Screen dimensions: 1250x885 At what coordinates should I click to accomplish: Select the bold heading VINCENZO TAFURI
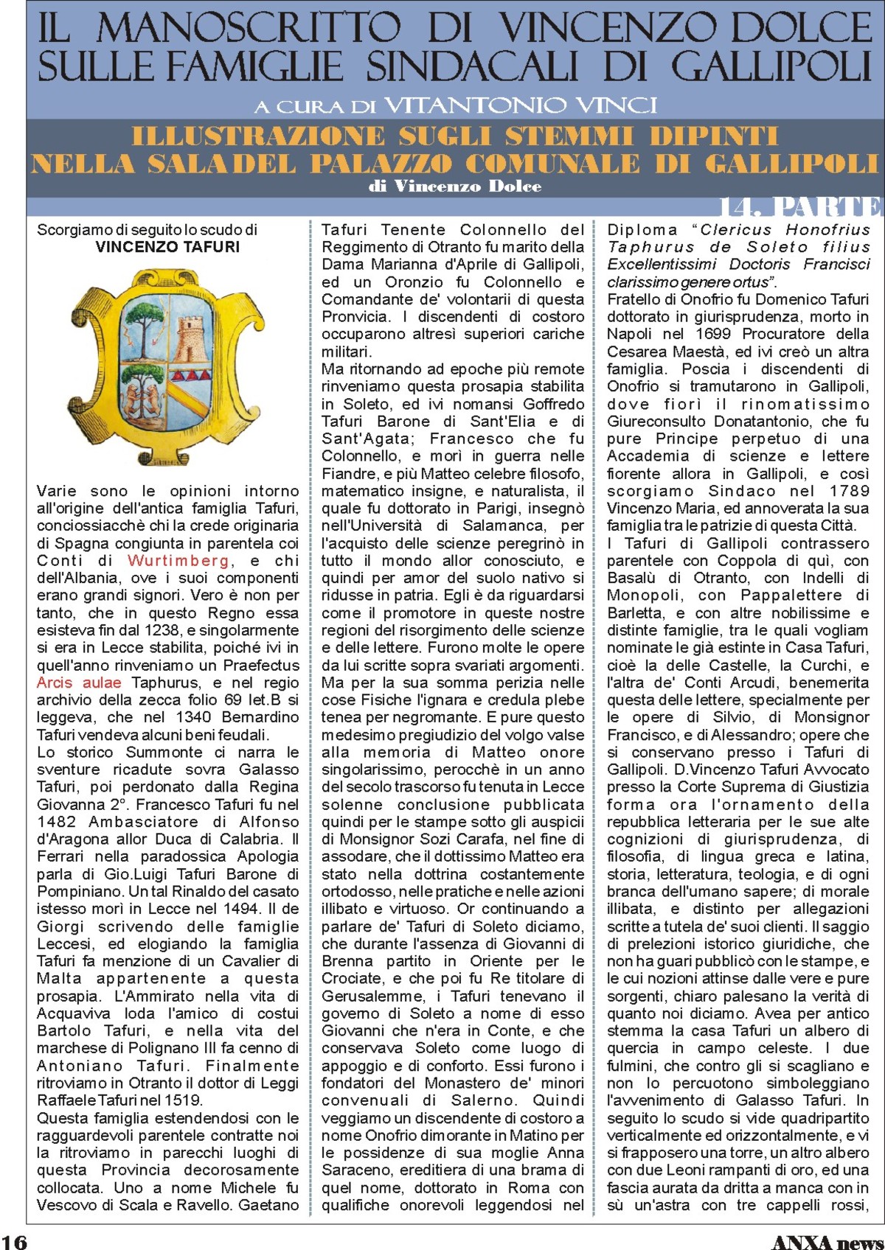pyautogui.click(x=167, y=248)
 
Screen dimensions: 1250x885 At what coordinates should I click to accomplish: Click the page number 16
pyautogui.click(x=14, y=1241)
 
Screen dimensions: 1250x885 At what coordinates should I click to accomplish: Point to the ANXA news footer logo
pyautogui.click(x=827, y=1241)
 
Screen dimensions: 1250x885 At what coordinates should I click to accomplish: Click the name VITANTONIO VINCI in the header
pyautogui.click(x=520, y=105)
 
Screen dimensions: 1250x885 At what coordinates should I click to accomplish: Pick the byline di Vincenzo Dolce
pyautogui.click(x=455, y=186)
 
